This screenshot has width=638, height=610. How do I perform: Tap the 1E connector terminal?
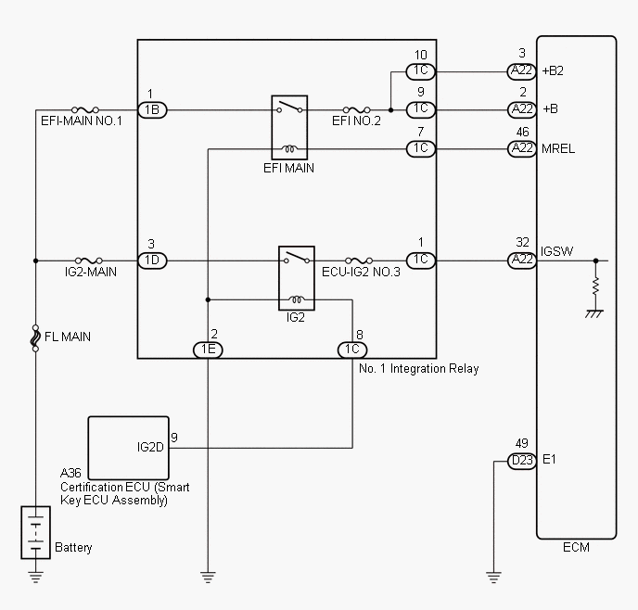(207, 349)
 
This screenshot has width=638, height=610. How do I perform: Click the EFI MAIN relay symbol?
(288, 127)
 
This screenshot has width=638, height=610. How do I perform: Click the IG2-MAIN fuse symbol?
(89, 261)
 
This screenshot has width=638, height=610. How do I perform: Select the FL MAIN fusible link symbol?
(35, 337)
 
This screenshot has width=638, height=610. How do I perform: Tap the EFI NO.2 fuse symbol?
(357, 109)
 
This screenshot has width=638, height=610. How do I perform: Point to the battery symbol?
(35, 534)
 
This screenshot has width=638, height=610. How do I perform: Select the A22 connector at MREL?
(521, 148)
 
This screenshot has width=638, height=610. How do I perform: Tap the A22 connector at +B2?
(521, 70)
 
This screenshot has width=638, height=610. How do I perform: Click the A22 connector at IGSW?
(521, 261)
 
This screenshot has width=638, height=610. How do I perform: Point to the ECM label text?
(576, 547)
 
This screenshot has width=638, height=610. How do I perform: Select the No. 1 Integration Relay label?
(418, 368)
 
